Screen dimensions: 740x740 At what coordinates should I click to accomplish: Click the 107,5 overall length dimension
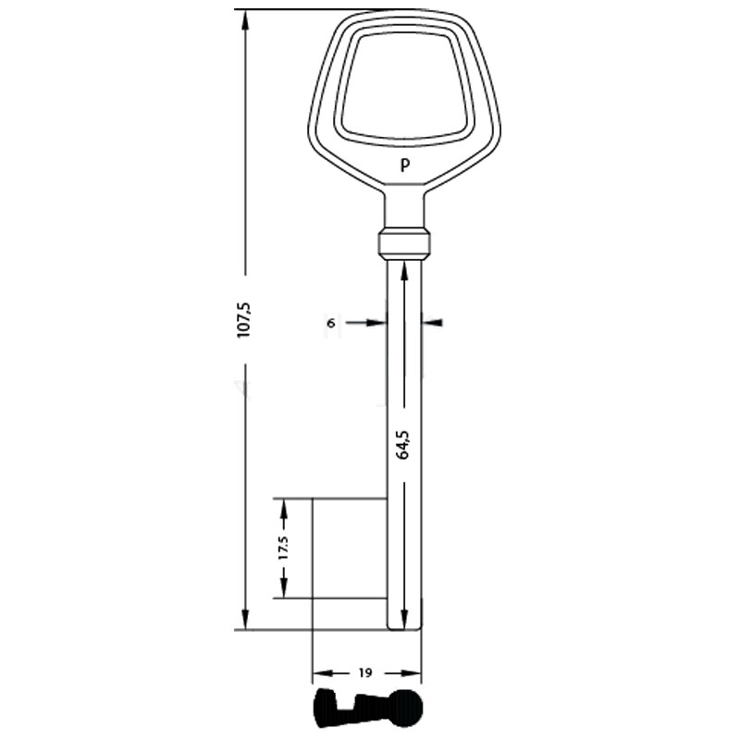pyautogui.click(x=245, y=320)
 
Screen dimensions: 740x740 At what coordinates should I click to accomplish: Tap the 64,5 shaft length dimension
pyautogui.click(x=403, y=445)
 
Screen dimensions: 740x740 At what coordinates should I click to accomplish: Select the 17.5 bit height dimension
pyautogui.click(x=283, y=548)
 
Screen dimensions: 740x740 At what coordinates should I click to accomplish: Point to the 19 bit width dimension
pyautogui.click(x=365, y=672)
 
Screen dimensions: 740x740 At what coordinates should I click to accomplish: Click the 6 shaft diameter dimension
pyautogui.click(x=331, y=323)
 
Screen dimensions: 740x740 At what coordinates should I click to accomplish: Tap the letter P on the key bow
pyautogui.click(x=404, y=166)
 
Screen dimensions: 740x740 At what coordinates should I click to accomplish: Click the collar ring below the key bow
pyautogui.click(x=404, y=244)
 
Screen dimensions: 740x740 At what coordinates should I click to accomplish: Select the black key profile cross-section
pyautogui.click(x=368, y=708)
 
